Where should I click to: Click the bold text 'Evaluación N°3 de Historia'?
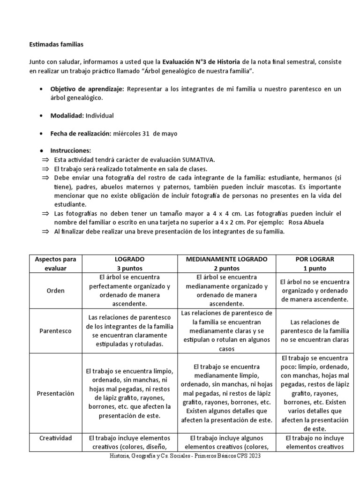(x=202, y=62)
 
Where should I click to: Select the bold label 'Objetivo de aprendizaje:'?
(x=87, y=89)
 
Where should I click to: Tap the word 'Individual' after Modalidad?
(x=100, y=115)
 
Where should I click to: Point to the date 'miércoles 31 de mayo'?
(x=145, y=133)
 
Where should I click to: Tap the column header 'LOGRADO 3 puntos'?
(x=129, y=263)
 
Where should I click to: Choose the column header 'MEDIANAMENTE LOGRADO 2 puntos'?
(x=227, y=263)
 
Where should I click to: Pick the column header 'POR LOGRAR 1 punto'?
(x=314, y=263)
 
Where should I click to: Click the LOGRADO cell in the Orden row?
(x=129, y=291)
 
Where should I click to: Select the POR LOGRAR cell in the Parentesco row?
(x=314, y=330)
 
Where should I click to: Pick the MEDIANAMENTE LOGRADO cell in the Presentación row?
(x=227, y=393)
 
